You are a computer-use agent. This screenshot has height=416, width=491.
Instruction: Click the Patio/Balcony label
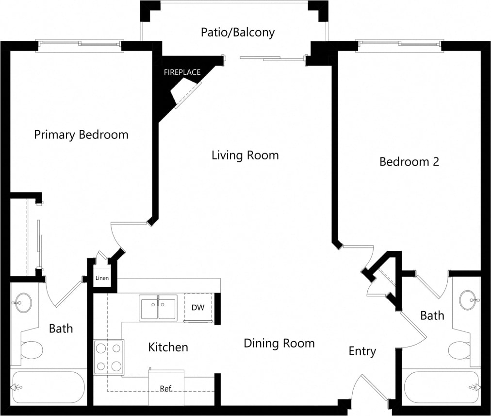[x=238, y=33]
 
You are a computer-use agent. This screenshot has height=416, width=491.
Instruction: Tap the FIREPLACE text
[x=182, y=72]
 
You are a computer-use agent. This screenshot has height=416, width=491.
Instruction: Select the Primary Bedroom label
[x=81, y=135]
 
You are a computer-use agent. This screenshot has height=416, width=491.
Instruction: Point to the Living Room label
[x=245, y=156]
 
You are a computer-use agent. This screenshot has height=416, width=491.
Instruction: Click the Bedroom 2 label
[x=409, y=162]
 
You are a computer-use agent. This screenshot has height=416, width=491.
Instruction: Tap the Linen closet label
[x=102, y=278]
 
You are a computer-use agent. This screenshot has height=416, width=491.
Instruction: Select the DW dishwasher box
[x=197, y=307]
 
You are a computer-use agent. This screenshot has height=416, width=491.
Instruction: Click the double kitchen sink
[x=158, y=308]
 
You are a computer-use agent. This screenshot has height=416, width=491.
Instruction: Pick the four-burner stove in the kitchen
[x=108, y=357]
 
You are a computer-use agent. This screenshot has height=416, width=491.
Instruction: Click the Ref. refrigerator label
[x=166, y=389]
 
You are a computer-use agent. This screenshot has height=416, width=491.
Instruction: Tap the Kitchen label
[x=168, y=347]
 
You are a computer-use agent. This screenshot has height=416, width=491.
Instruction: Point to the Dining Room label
[x=279, y=344]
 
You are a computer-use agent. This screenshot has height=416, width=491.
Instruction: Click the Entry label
[x=362, y=351]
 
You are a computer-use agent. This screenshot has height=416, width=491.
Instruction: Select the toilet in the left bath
[x=32, y=349]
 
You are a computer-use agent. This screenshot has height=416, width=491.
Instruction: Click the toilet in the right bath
[x=459, y=349]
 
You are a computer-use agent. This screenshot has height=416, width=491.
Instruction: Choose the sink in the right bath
[x=468, y=300]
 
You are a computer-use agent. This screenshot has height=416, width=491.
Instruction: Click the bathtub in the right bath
[x=442, y=387]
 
